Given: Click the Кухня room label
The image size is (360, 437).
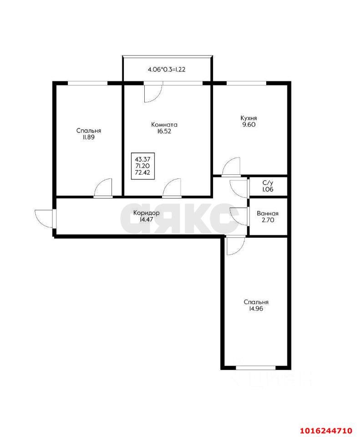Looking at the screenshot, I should click(x=249, y=118).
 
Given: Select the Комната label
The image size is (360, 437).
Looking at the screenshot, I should click(x=164, y=124).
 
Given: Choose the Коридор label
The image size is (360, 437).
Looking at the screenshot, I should click(x=146, y=213).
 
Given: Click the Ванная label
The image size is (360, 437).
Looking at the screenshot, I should click(x=268, y=213).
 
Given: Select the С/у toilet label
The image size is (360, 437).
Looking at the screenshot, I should click(x=268, y=183).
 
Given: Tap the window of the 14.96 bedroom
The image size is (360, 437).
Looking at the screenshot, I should click(x=256, y=367).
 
